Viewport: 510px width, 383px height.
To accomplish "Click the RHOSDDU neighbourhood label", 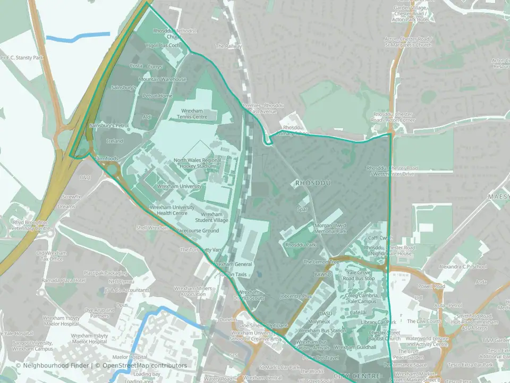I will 313,183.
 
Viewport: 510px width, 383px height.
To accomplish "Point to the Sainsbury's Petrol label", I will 109,126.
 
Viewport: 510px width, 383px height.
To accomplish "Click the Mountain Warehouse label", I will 162,79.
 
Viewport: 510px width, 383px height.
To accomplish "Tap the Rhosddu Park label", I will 300,245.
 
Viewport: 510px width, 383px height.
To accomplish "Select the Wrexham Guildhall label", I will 355,347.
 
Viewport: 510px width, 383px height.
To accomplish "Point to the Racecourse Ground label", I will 197,231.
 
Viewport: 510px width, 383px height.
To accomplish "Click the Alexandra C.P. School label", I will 463,267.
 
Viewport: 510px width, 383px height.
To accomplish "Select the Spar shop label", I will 302,210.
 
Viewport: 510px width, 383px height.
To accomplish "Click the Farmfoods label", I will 106,159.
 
